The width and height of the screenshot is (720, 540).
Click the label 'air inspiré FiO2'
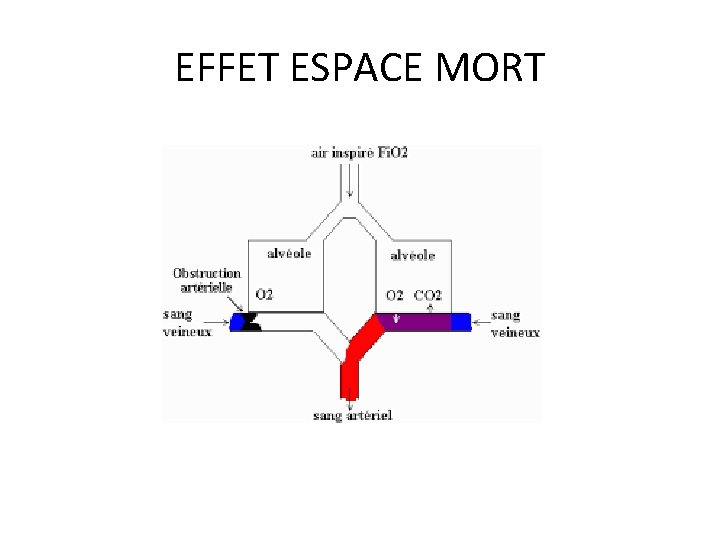pyautogui.click(x=359, y=153)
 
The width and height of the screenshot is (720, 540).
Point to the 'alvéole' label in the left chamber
pyautogui.click(x=289, y=253)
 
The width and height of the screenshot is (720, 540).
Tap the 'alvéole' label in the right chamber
pyautogui.click(x=413, y=255)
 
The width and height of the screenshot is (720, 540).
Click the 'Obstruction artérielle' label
pyautogui.click(x=207, y=279)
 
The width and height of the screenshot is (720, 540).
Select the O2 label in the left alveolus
pyautogui.click(x=265, y=295)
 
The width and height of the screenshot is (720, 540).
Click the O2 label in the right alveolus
pyautogui.click(x=396, y=295)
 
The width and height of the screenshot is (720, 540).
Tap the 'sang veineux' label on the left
pyautogui.click(x=187, y=322)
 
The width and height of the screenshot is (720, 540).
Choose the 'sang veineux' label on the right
pyautogui.click(x=516, y=323)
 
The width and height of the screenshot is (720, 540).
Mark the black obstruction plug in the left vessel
pyautogui.click(x=250, y=322)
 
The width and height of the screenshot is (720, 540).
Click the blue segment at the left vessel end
pyautogui.click(x=238, y=322)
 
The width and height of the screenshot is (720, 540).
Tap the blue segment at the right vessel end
pyautogui.click(x=460, y=322)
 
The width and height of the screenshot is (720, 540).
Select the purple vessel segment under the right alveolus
pyautogui.click(x=414, y=322)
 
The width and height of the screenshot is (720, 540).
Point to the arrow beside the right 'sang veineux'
pyautogui.click(x=481, y=322)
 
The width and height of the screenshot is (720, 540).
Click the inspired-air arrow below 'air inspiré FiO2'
pyautogui.click(x=350, y=181)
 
